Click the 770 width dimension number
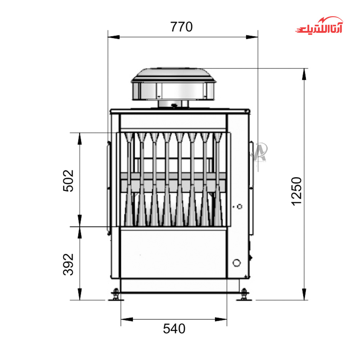(x=181, y=27)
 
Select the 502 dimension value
(x=68, y=181)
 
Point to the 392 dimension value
(x=68, y=264)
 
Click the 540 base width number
(x=174, y=329)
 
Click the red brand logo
(x=319, y=25)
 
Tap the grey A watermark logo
(x=261, y=152)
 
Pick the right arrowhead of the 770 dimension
(x=252, y=37)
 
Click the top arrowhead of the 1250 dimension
(x=304, y=74)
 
